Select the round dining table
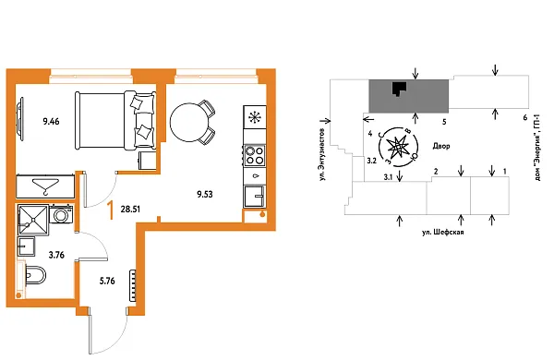pyautogui.click(x=190, y=118)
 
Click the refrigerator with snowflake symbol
pyautogui.click(x=254, y=118)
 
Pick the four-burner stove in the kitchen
pyautogui.click(x=254, y=154)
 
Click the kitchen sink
pyautogui.click(x=254, y=196)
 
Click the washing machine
pyautogui.click(x=62, y=216)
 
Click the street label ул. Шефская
pyautogui.click(x=441, y=234)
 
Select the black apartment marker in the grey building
pyautogui.click(x=398, y=89)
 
